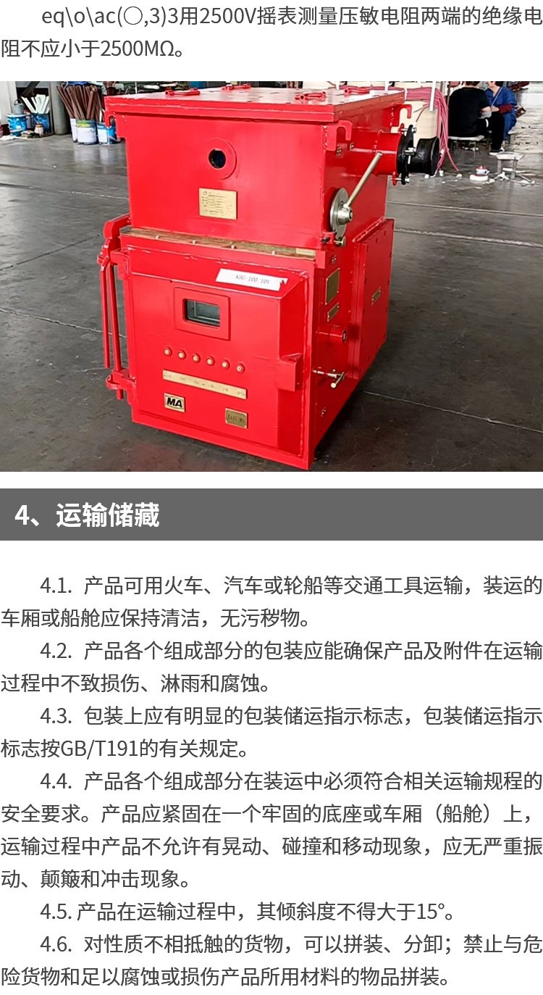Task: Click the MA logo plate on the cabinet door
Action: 174,403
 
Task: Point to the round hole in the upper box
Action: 217,157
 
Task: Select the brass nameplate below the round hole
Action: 217,204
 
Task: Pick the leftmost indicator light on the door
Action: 168,351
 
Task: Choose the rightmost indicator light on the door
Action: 240,368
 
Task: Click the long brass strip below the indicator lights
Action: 205,383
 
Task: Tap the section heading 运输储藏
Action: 107,515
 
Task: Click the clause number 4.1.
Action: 56,586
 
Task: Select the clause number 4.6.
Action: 56,945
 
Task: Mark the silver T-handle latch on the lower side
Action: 334,377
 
